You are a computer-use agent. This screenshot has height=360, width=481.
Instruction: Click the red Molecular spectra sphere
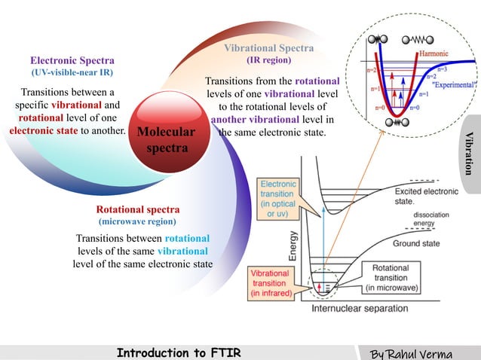pyautogui.click(x=167, y=140)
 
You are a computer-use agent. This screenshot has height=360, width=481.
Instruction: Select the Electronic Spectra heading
pyautogui.click(x=72, y=60)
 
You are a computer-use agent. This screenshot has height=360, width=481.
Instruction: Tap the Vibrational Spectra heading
pyautogui.click(x=268, y=48)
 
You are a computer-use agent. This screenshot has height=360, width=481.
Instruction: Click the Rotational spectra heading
pyautogui.click(x=137, y=209)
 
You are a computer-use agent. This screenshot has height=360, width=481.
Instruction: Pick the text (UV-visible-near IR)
pyautogui.click(x=72, y=73)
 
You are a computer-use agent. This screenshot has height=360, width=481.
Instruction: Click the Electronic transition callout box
pyautogui.click(x=278, y=199)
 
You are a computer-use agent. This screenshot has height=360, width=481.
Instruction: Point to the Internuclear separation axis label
pyautogui.click(x=360, y=308)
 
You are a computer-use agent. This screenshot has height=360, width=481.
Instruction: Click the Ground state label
pyautogui.click(x=416, y=244)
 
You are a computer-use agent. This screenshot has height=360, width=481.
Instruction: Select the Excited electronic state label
pyautogui.click(x=425, y=197)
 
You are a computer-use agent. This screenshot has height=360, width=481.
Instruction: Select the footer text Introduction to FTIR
pyautogui.click(x=179, y=352)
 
